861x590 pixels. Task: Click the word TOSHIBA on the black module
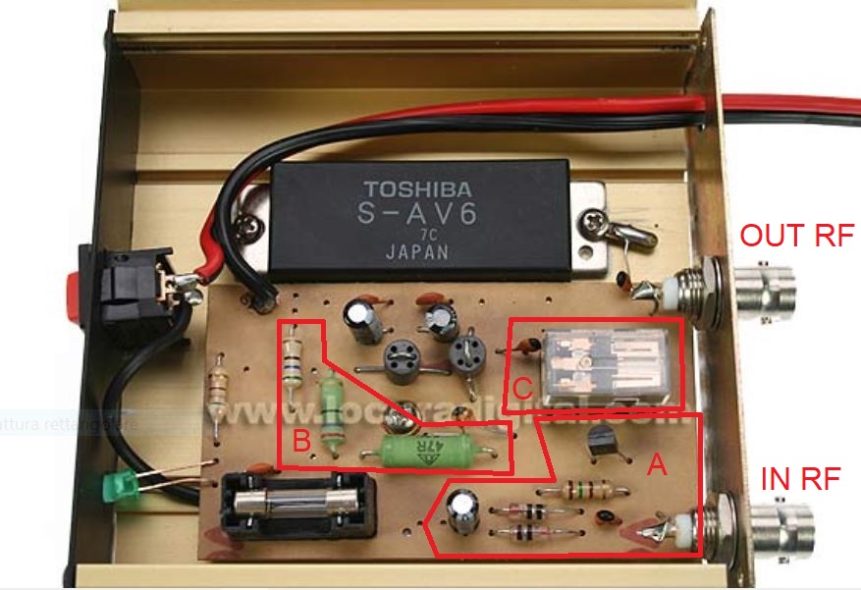coord(417,188)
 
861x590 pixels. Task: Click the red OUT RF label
coord(796,236)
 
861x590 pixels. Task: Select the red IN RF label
coord(801,479)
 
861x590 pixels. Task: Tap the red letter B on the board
coord(301,442)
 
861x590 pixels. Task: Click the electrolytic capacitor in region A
coord(462,511)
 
